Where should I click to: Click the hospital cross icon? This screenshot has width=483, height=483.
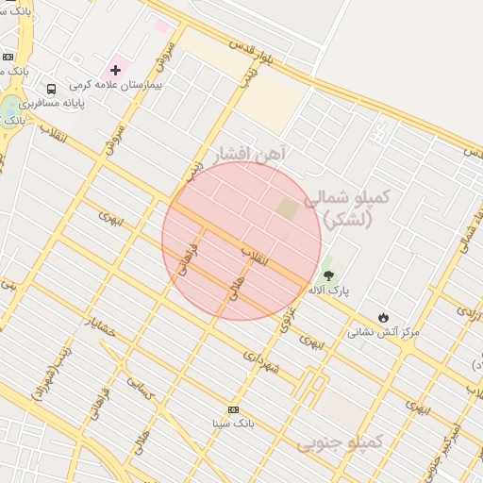pyautogui.click(x=116, y=69)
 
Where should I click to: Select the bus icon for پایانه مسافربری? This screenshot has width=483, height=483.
pyautogui.click(x=51, y=89)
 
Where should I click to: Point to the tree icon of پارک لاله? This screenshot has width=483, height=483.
pyautogui.click(x=327, y=275)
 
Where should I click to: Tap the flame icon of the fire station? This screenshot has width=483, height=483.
pyautogui.click(x=382, y=317)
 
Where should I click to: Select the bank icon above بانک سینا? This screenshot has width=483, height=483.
pyautogui.click(x=233, y=409)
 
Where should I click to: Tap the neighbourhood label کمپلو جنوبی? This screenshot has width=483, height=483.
pyautogui.click(x=340, y=441)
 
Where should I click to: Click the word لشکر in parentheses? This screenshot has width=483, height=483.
pyautogui.click(x=348, y=220)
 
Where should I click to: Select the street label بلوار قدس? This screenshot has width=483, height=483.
pyautogui.click(x=258, y=53)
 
